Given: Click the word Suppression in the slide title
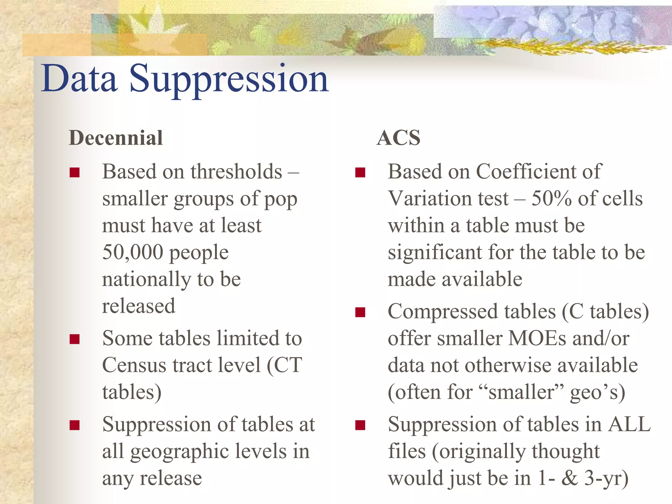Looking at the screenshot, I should [229, 79].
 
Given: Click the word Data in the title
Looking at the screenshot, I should [79, 79].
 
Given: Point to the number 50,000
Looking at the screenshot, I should [133, 252].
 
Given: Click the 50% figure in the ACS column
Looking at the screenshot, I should [551, 199].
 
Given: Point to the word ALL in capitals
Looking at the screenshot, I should [629, 424].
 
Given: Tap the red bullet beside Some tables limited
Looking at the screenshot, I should [75, 339].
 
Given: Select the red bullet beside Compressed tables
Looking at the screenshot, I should [360, 312].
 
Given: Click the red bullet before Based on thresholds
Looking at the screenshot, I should [75, 172].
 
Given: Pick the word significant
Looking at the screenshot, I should [435, 252].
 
